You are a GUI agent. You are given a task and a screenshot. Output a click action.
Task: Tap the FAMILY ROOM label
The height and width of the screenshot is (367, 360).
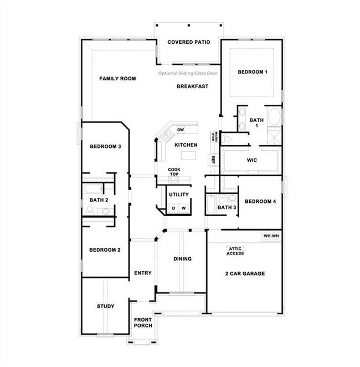(117, 79)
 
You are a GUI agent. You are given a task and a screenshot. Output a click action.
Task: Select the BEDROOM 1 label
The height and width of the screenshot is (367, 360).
(253, 72)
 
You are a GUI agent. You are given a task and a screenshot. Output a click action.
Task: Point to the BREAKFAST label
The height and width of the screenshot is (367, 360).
(192, 86)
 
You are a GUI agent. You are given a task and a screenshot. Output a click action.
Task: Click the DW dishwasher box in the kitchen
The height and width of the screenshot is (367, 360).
(180, 130)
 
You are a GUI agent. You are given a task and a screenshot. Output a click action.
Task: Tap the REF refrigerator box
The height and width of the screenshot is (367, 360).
(213, 159)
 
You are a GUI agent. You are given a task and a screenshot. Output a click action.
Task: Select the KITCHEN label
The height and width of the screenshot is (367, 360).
(186, 145)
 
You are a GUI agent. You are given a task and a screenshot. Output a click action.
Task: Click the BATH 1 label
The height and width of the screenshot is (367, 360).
(256, 123)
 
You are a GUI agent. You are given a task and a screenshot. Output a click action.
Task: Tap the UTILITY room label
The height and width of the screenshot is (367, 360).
(179, 195)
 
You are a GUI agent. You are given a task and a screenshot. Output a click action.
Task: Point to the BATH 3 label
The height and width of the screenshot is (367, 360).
(227, 207)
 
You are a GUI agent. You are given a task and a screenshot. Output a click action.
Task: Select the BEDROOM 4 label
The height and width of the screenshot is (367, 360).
(260, 201)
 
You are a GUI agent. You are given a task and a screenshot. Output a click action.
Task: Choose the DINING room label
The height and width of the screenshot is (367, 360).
(182, 259)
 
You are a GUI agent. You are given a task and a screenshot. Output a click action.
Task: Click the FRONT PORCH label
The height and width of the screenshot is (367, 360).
(142, 322)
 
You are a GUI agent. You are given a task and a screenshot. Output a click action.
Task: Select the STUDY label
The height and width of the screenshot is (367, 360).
(105, 306)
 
